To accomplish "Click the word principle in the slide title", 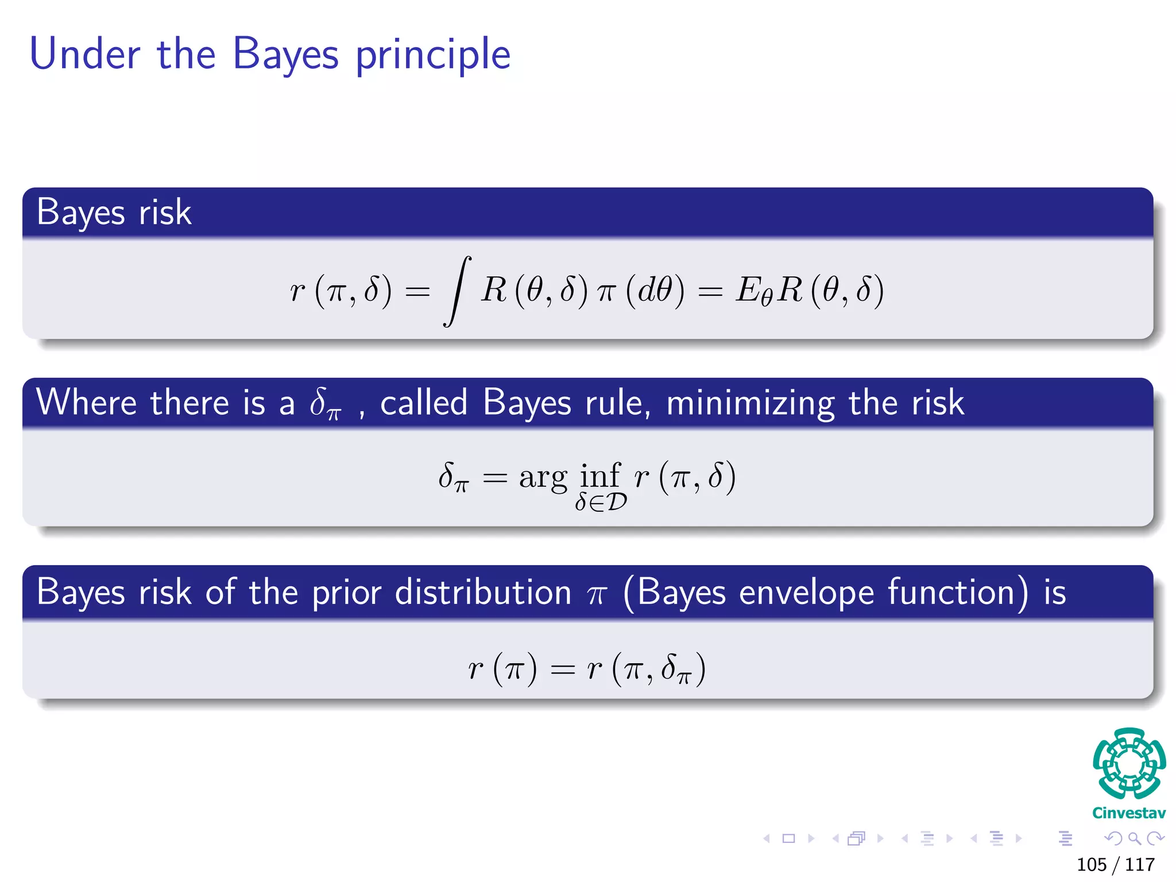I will coord(433,55).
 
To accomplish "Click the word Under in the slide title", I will coord(84,54).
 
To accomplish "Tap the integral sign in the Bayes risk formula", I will coord(457,291).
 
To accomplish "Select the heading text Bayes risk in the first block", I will coord(114,212).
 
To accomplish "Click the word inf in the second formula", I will coord(599,475).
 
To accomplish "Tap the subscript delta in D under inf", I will coord(601,502).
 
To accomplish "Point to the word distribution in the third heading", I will coord(483,592).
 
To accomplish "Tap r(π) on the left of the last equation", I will coord(502,668).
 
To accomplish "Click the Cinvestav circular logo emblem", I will coord(1129,764).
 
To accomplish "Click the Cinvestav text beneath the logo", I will coord(1129,813).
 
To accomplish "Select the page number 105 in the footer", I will coord(1091,865).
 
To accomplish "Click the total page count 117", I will coord(1140,865).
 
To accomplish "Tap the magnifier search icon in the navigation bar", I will coord(1135,839).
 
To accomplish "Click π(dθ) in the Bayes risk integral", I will coord(640,291).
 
